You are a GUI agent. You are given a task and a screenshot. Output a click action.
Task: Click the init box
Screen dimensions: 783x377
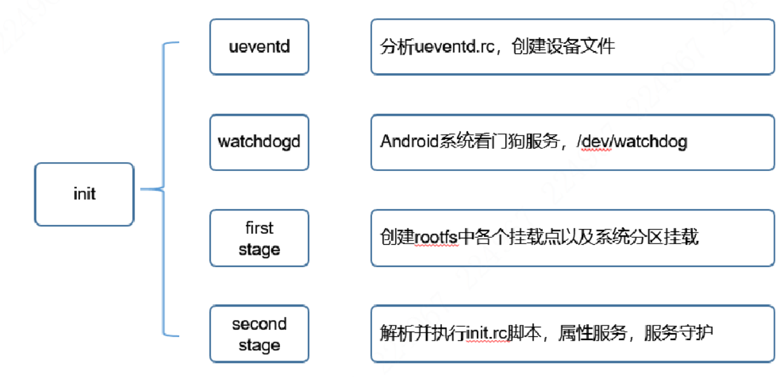tap(84, 194)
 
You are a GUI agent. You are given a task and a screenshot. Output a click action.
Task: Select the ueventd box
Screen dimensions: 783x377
tap(259, 46)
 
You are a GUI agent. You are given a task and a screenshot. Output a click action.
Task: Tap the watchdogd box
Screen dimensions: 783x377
tap(259, 142)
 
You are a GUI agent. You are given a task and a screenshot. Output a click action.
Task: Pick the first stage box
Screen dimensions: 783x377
tap(259, 238)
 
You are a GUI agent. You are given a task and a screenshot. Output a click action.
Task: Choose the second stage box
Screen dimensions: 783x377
tap(259, 334)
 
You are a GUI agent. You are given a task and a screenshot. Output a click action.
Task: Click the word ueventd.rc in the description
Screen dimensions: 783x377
tap(448, 46)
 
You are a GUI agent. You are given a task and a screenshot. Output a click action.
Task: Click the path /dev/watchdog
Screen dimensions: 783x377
tap(632, 141)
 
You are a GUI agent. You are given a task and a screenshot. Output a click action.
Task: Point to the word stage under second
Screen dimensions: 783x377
tap(259, 345)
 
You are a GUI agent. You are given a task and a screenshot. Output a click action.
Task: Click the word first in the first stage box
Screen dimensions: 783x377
tap(259, 228)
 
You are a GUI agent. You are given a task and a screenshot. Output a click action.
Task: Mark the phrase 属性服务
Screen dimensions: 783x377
tap(592, 333)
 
